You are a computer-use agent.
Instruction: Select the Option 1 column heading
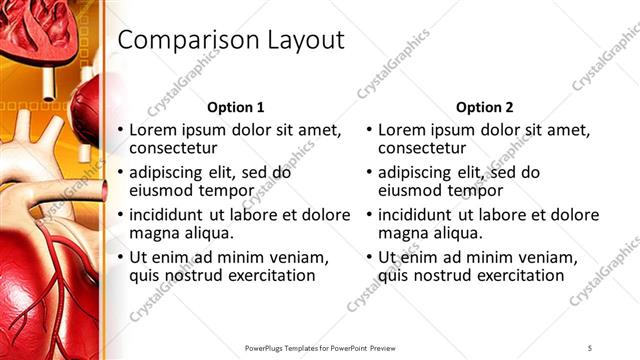[x=236, y=107]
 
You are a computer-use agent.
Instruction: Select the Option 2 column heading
[x=485, y=107]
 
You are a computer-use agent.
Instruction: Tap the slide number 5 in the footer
[x=590, y=347]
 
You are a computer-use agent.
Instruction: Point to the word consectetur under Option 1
[x=175, y=149]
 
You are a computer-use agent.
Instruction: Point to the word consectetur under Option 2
[x=424, y=149]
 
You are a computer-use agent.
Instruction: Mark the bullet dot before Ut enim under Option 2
[x=369, y=258]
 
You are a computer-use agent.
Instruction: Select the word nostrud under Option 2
[x=437, y=276]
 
